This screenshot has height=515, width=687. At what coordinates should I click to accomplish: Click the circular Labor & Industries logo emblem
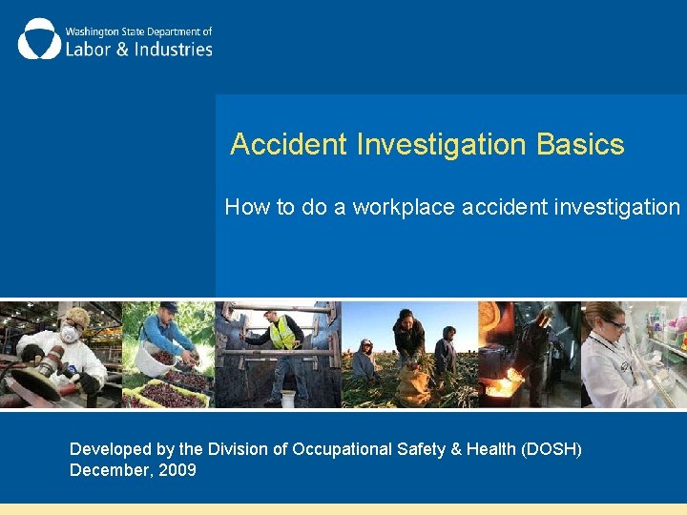(x=39, y=39)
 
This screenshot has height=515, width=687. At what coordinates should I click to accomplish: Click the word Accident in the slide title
(x=289, y=145)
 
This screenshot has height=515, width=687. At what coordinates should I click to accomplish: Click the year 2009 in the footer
(x=177, y=470)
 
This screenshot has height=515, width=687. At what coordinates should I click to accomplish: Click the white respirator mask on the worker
(x=70, y=335)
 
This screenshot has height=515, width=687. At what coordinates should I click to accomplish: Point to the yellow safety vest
(x=281, y=333)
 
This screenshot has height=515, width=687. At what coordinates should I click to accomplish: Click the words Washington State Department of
(x=138, y=31)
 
